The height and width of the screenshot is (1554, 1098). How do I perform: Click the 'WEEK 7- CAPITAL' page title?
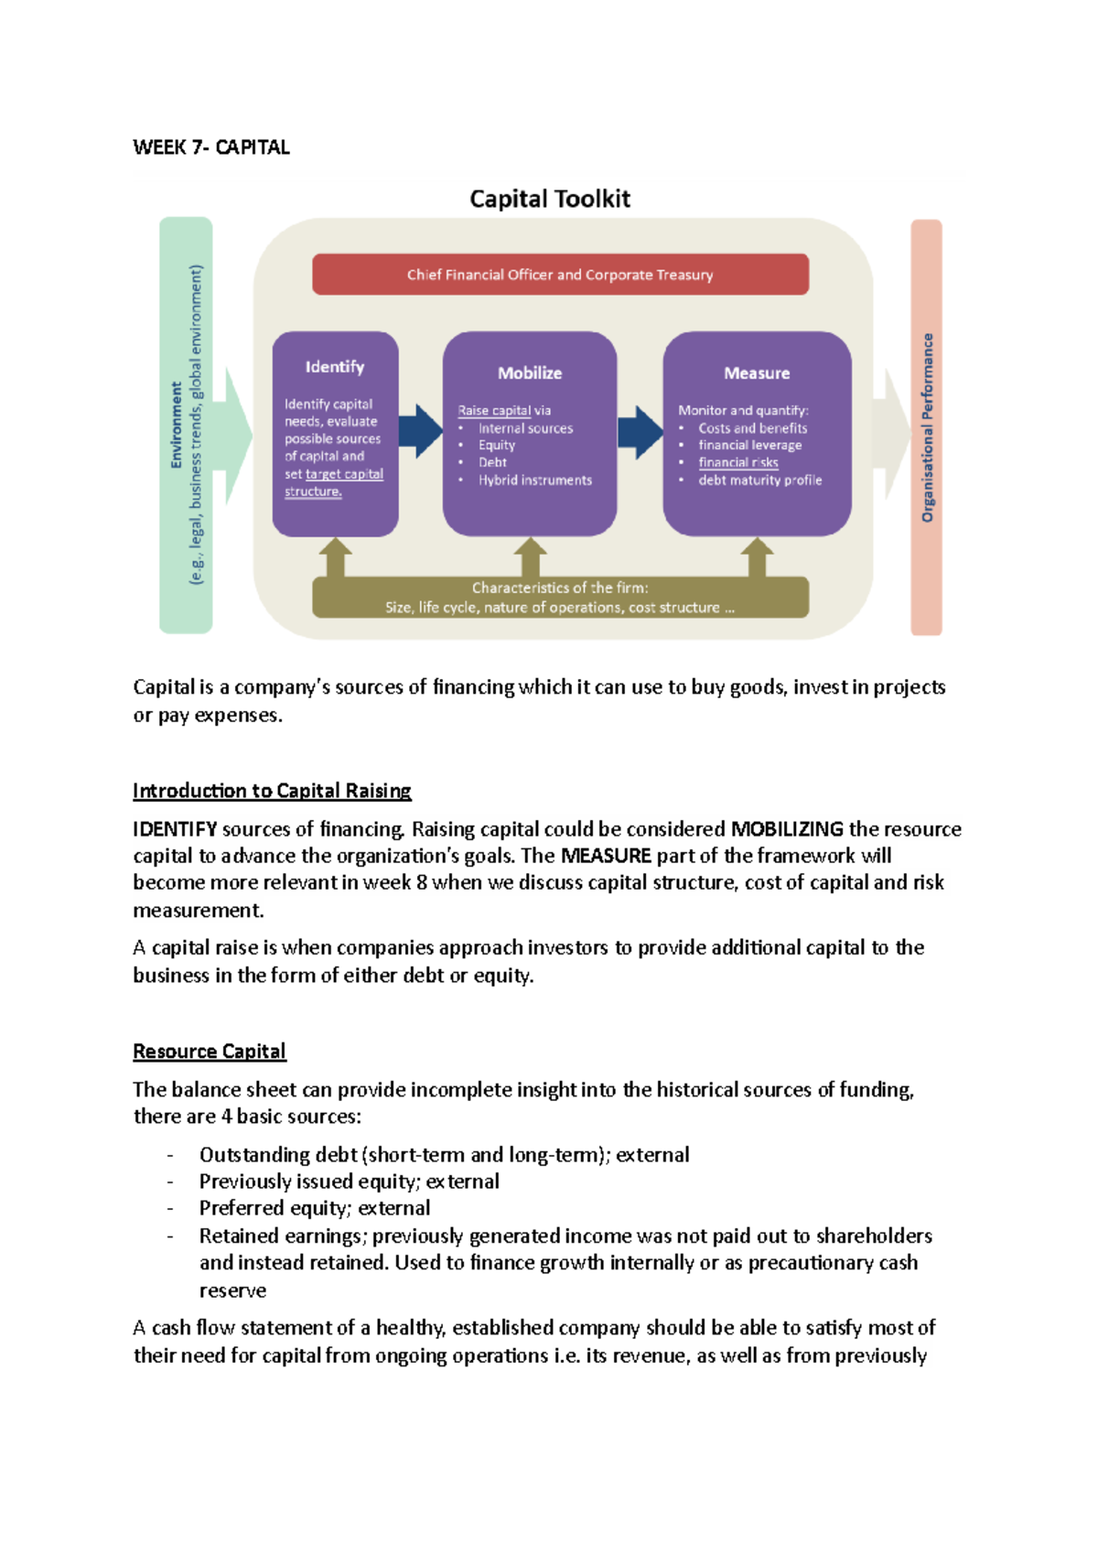(x=211, y=147)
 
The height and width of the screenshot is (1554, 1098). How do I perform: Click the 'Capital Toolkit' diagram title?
(x=550, y=199)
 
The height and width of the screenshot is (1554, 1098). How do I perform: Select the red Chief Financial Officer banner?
(x=560, y=275)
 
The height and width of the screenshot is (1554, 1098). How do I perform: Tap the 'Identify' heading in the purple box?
(x=335, y=367)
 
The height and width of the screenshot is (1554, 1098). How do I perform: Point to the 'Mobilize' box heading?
(x=530, y=372)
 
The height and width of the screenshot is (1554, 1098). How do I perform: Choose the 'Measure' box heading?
(x=757, y=372)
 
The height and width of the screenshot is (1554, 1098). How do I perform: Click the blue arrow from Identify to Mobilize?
(x=420, y=431)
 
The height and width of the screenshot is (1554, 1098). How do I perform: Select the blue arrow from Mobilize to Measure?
(x=640, y=432)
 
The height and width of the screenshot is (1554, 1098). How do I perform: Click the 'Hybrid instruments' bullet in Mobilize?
(x=535, y=480)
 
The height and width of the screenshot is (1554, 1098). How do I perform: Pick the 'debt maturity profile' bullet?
(x=759, y=480)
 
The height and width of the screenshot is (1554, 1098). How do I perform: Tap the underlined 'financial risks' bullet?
(x=738, y=462)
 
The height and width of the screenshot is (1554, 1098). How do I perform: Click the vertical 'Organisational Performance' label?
(x=928, y=427)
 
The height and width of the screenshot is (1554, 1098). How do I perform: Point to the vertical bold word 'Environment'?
(x=177, y=426)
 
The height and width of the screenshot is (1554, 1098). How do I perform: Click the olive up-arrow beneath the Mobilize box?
(x=530, y=556)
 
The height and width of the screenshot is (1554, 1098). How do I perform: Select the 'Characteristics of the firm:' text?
(x=560, y=588)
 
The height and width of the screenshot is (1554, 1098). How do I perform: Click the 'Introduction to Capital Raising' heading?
(x=272, y=790)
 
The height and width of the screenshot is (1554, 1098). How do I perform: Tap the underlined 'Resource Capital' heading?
(x=210, y=1051)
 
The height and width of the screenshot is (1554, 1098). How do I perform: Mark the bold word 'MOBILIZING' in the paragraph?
(x=787, y=829)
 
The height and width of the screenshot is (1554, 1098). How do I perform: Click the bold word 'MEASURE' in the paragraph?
(x=606, y=856)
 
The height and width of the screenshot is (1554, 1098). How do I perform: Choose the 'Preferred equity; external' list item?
(x=315, y=1208)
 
